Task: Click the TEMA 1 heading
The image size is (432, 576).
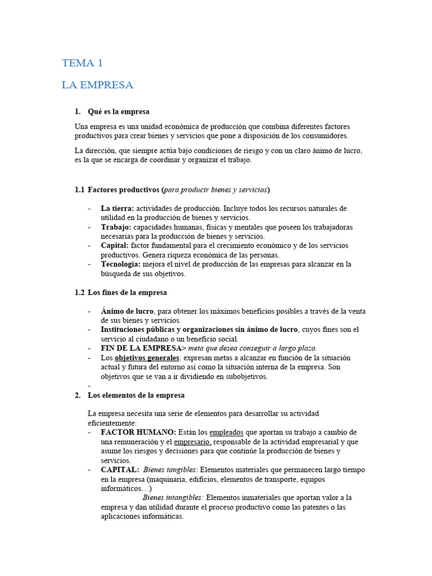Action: coord(82,63)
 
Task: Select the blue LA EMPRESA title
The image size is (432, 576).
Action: coord(97,85)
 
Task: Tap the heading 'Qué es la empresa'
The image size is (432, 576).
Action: coord(119,111)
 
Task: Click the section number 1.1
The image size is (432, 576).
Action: coord(79,190)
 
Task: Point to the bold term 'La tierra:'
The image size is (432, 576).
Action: coord(117,208)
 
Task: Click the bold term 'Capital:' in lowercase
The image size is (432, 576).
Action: coord(115,245)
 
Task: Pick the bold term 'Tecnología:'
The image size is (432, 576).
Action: coord(121,264)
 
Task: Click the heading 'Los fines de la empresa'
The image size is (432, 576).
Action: coord(128,292)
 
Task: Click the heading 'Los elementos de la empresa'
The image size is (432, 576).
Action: coord(136,395)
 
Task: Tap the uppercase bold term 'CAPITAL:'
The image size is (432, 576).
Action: coord(120,469)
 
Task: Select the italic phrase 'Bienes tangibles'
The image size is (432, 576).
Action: coord(169,469)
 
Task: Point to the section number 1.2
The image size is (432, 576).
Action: coord(79,292)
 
